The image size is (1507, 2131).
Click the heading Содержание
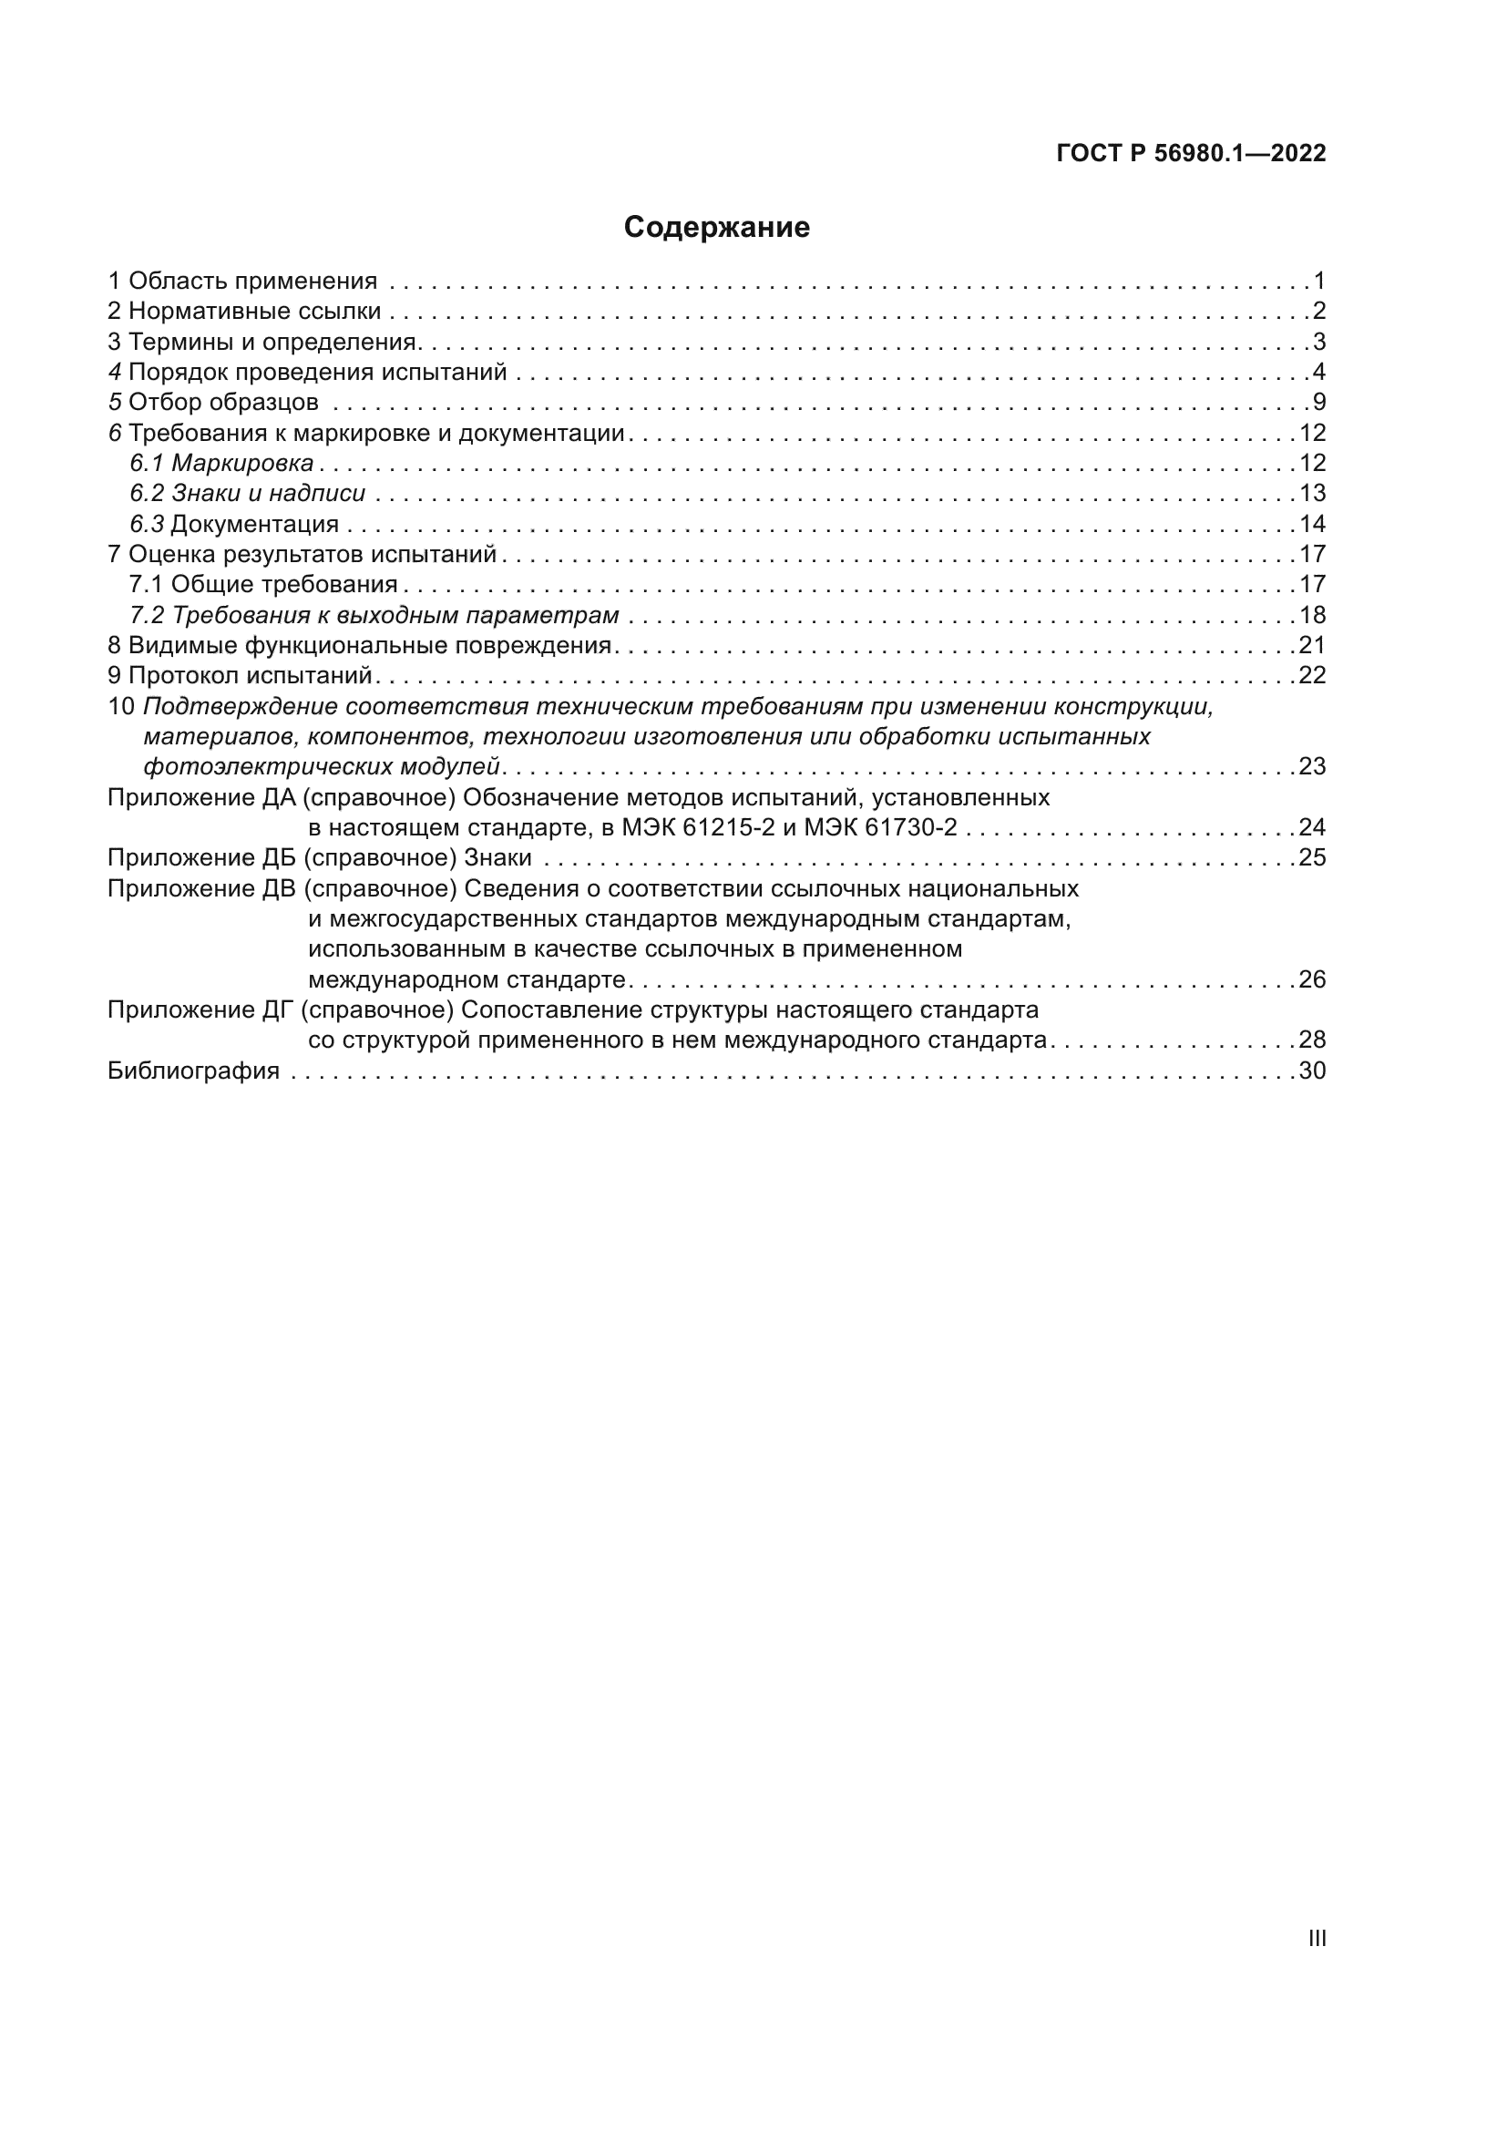(x=716, y=228)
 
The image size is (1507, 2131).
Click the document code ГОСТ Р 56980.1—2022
(x=1191, y=153)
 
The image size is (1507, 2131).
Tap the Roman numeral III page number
(x=1316, y=1938)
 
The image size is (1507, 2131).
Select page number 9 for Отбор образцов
(x=1318, y=402)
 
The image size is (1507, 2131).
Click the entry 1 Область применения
(x=243, y=281)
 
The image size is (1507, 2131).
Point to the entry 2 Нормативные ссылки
(x=245, y=311)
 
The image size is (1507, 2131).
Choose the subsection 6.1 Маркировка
(x=221, y=462)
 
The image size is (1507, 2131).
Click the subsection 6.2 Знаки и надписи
(x=248, y=493)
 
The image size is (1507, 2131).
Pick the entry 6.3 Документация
(x=235, y=524)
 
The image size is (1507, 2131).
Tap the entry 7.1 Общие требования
(x=263, y=584)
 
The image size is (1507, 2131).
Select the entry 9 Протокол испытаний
(x=241, y=675)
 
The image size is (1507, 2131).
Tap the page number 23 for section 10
(x=1312, y=766)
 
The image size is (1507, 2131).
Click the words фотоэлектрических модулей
(x=322, y=766)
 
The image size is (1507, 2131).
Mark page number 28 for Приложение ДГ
(x=1312, y=1040)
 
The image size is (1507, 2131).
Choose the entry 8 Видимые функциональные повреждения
(x=360, y=645)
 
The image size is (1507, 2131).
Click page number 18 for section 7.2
(x=1312, y=614)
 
